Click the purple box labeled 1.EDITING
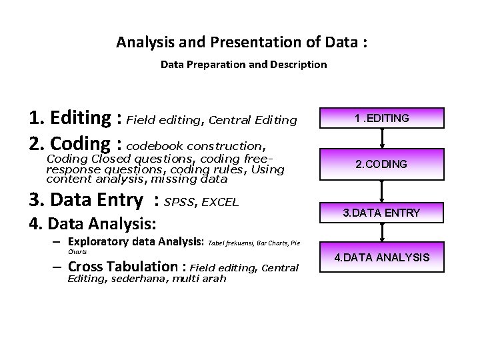[382, 118]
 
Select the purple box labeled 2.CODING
[382, 164]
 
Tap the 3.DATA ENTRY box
[382, 213]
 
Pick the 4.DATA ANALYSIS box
[382, 257]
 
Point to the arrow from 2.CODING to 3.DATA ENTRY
[382, 189]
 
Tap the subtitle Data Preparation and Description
[243, 65]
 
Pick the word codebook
[155, 145]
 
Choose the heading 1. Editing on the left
[71, 119]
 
